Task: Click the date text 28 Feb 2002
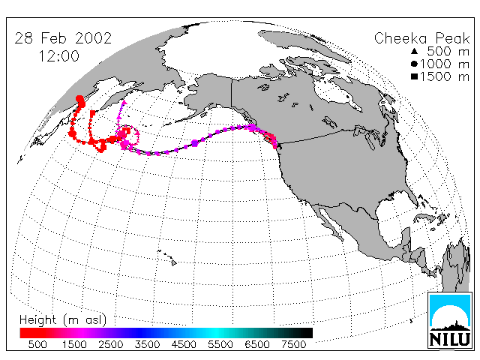63,38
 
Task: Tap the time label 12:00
59,56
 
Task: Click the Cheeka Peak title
421,39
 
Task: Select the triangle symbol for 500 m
415,51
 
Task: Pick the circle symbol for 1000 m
415,64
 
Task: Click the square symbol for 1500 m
415,76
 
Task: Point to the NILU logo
450,320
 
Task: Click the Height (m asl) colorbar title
63,320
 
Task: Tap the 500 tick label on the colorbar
37,344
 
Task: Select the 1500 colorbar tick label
74,344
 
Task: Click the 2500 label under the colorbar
111,344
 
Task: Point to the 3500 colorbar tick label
147,344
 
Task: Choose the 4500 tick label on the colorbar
184,344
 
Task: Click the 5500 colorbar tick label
220,344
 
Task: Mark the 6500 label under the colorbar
256,344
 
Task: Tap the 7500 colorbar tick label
293,344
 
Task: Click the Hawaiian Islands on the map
167,257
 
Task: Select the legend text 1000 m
445,64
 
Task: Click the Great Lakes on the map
368,137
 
